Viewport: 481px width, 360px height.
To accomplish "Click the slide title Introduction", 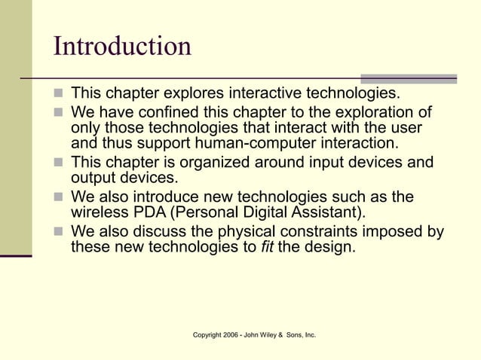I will tap(122, 47).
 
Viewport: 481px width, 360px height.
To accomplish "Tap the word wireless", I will tap(99, 212).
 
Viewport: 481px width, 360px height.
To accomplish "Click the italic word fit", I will tap(267, 246).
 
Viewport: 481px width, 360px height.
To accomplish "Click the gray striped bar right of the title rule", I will tap(409, 78).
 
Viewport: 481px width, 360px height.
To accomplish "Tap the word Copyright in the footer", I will tap(208, 334).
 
